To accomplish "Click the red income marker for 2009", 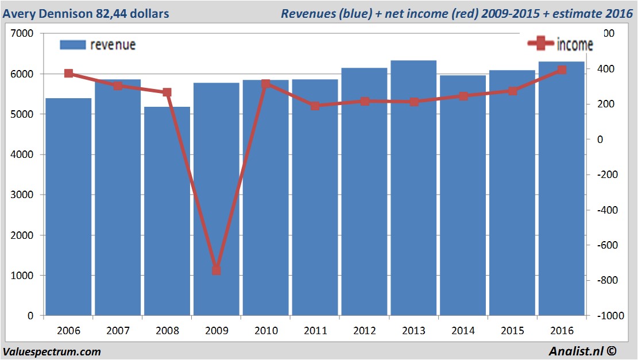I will [216, 270].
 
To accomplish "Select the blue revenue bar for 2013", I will [413, 189].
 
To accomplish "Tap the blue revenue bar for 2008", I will [167, 212].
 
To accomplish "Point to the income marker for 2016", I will [562, 70].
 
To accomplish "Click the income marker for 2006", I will [68, 73].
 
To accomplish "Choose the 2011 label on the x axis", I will [315, 331].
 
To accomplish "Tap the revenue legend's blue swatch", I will [72, 45].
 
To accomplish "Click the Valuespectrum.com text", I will [52, 351].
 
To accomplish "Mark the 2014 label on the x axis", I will [463, 331].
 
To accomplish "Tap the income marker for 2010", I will [266, 84].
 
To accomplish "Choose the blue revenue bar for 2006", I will [68, 207].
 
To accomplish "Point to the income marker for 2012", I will [365, 101].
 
